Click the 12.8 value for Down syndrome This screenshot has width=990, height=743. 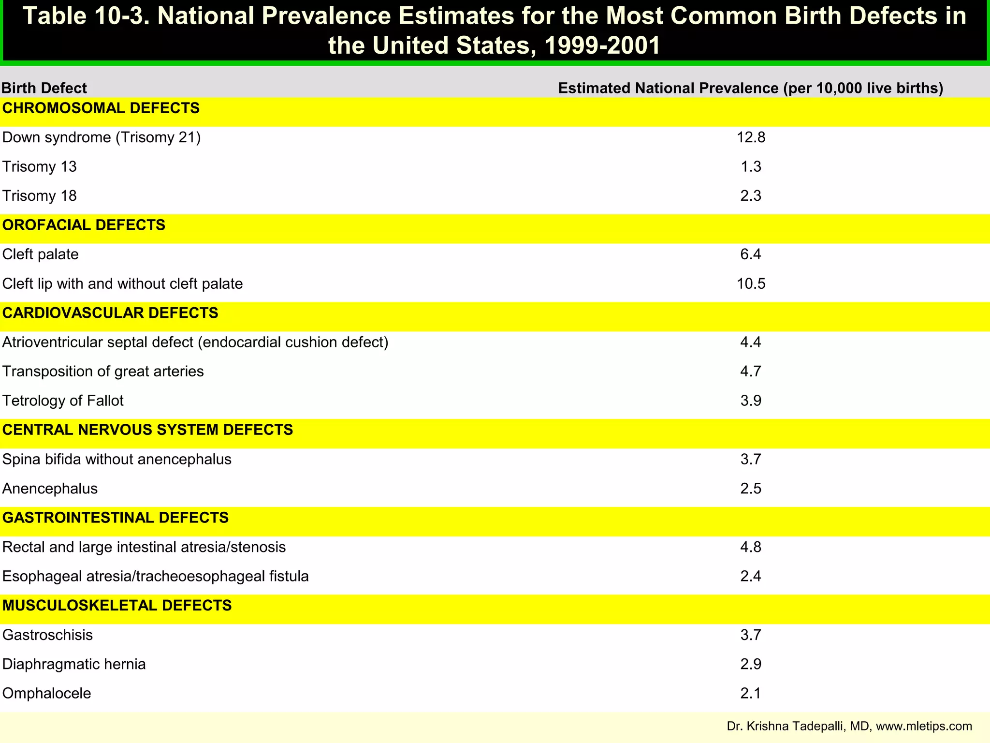pos(751,138)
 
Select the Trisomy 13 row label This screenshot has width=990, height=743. pos(40,167)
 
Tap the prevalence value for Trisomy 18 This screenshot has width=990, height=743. pos(751,196)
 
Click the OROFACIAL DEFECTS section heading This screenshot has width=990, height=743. pos(84,225)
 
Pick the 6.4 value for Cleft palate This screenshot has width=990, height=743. pos(751,254)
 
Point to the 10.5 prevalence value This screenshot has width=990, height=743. pos(751,284)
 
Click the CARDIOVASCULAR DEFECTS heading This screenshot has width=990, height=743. pos(110,313)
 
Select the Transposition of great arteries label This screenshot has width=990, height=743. pos(103,371)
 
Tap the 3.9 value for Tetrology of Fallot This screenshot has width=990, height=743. pos(751,401)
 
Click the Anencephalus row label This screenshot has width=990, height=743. pos(50,489)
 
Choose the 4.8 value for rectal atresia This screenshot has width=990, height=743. pos(751,547)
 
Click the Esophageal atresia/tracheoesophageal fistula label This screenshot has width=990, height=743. pos(155,577)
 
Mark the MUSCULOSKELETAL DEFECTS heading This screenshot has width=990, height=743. pos(117,606)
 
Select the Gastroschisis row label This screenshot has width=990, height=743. pos(47,635)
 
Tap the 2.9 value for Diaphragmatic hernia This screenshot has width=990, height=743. pos(751,664)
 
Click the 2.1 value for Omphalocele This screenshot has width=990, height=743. pos(751,694)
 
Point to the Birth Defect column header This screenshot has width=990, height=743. pos(44,89)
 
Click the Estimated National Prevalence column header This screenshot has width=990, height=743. pos(750,89)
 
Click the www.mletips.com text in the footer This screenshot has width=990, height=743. pos(924,726)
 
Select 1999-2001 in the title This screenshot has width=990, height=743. pos(602,46)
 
